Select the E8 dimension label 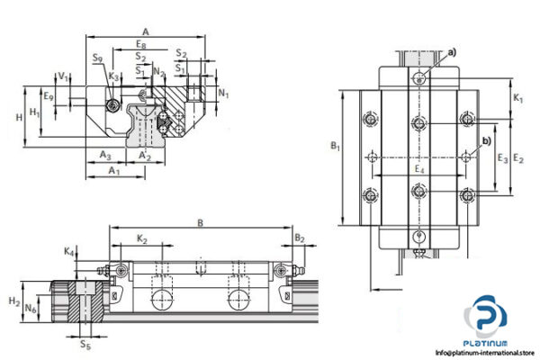point(140,43)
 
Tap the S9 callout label point(96,59)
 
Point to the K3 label point(113,76)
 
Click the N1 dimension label point(224,93)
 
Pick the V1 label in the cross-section point(61,76)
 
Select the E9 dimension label point(49,96)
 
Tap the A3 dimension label point(105,155)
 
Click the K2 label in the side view point(143,239)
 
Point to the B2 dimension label point(300,238)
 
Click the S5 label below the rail point(85,344)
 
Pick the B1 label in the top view point(333,145)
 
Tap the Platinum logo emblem point(485,319)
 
